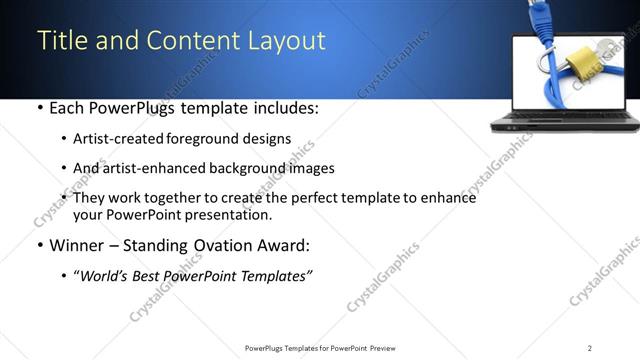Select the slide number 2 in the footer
[x=590, y=347]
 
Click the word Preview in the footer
[x=389, y=347]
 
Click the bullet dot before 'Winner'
[x=39, y=245]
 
